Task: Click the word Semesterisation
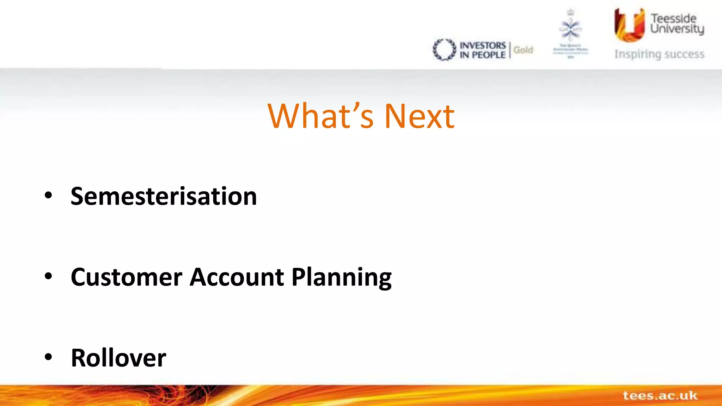(164, 196)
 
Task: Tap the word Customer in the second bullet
(127, 277)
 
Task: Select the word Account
(237, 277)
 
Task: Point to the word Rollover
(118, 358)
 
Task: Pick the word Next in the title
(419, 116)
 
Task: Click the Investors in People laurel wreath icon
(444, 50)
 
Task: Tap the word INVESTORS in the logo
(483, 45)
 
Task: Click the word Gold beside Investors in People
(523, 50)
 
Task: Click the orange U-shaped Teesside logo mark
(629, 25)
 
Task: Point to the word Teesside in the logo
(673, 18)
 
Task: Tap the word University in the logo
(677, 29)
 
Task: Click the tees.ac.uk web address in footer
(660, 395)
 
